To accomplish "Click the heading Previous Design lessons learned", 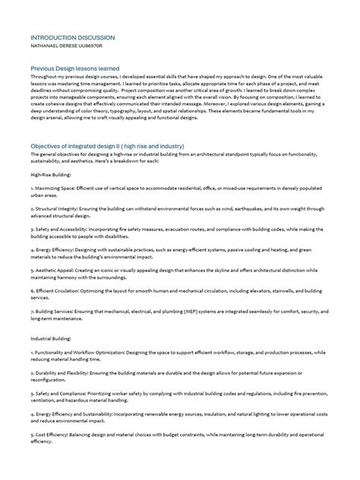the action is pyautogui.click(x=75, y=68).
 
